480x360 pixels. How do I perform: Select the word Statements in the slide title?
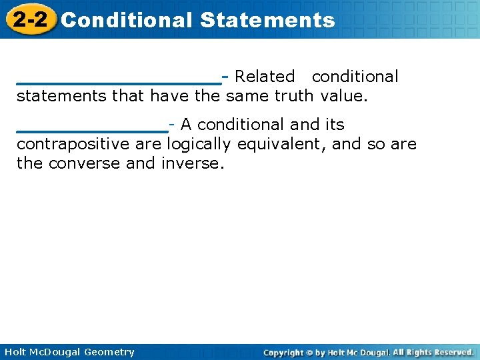pyautogui.click(x=267, y=20)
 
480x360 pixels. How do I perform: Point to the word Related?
pyautogui.click(x=265, y=77)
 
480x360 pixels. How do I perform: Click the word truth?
pyautogui.click(x=294, y=96)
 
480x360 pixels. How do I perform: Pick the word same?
pyautogui.click(x=247, y=96)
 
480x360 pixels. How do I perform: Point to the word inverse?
pyautogui.click(x=193, y=163)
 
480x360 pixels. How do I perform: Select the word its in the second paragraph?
pyautogui.click(x=335, y=125)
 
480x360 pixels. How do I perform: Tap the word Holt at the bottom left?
pyautogui.click(x=16, y=352)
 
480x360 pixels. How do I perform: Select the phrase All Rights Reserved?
pyautogui.click(x=433, y=352)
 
